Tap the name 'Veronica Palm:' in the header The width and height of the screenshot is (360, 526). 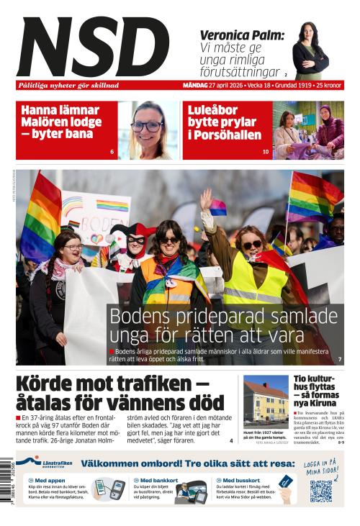(241, 35)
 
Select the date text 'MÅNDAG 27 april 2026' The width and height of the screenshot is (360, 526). (213, 85)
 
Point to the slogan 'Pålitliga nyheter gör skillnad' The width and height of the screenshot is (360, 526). (68, 85)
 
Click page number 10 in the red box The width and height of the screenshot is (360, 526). (266, 152)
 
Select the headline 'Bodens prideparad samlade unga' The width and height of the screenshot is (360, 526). (223, 325)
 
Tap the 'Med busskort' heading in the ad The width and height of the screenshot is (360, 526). (240, 480)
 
